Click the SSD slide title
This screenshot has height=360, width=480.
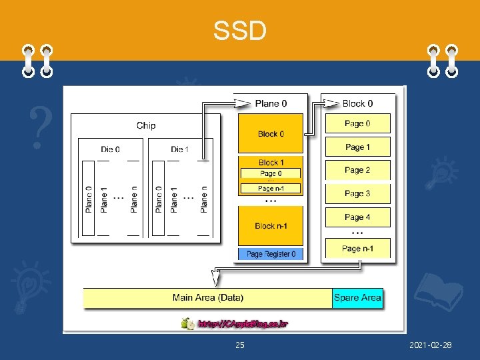tap(239, 30)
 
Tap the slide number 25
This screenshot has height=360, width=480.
tap(240, 345)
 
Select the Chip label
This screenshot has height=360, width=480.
tap(145, 125)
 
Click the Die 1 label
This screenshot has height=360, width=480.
tap(180, 149)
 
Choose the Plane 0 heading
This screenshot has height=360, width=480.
tap(271, 103)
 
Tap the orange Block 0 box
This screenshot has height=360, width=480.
tap(271, 133)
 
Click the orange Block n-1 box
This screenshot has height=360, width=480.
tap(271, 225)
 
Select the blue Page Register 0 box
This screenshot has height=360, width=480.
tap(271, 254)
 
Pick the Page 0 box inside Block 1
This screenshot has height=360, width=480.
tap(271, 174)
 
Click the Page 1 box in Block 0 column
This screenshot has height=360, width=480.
tap(357, 147)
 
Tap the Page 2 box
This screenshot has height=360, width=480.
tap(357, 170)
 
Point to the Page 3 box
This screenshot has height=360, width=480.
tap(357, 193)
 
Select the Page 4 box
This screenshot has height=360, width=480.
tap(357, 217)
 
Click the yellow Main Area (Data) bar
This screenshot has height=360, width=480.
tap(207, 297)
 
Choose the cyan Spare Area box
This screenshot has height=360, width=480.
tap(357, 297)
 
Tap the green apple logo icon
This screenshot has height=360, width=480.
tap(187, 323)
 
